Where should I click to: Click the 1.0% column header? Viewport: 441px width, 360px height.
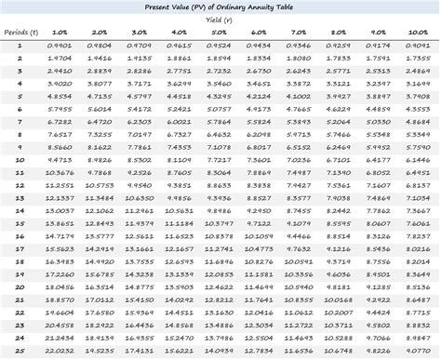tap(58, 32)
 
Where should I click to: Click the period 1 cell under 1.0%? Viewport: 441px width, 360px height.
tap(58, 45)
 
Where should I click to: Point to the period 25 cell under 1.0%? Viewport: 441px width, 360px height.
tap(58, 353)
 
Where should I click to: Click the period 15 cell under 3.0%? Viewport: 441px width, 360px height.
tap(139, 224)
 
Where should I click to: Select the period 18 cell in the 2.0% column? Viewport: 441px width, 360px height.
tap(99, 262)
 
